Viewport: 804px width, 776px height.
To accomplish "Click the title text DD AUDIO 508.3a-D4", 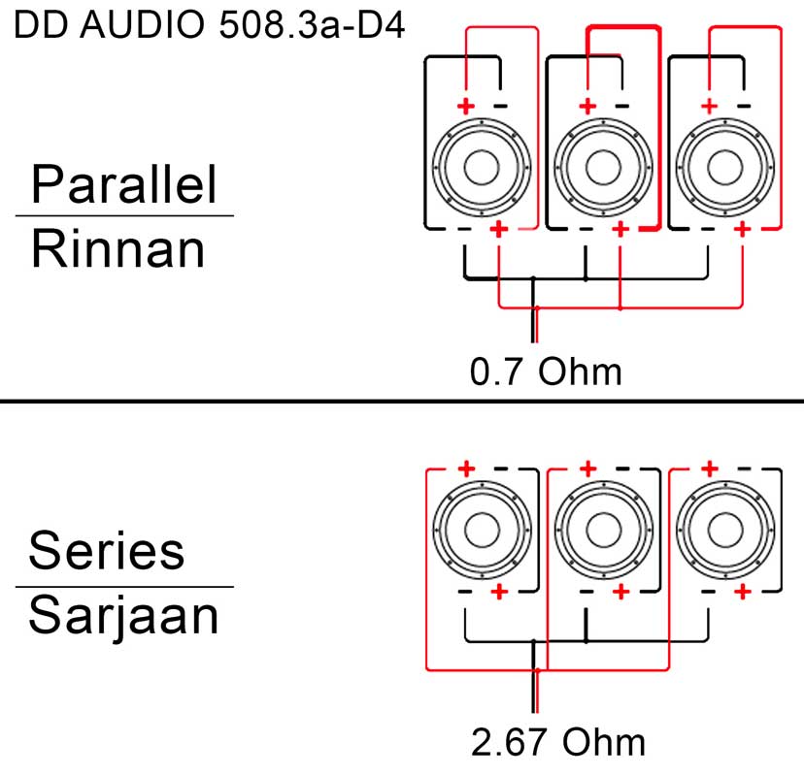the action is tap(209, 24).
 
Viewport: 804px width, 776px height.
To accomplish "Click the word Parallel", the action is tap(124, 184).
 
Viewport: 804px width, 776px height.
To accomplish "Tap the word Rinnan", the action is tap(117, 249).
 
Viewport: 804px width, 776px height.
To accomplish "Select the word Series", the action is tap(107, 550).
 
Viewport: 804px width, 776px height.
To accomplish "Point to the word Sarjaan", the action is tap(123, 616).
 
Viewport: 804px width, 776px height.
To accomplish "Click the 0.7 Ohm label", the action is tap(546, 372).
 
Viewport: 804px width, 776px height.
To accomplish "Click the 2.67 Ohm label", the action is tap(558, 742).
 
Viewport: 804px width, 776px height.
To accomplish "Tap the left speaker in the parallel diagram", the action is tap(482, 168).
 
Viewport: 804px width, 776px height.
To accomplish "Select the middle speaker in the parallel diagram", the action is tap(604, 168).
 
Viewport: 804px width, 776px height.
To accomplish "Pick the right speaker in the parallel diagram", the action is tap(725, 168).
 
